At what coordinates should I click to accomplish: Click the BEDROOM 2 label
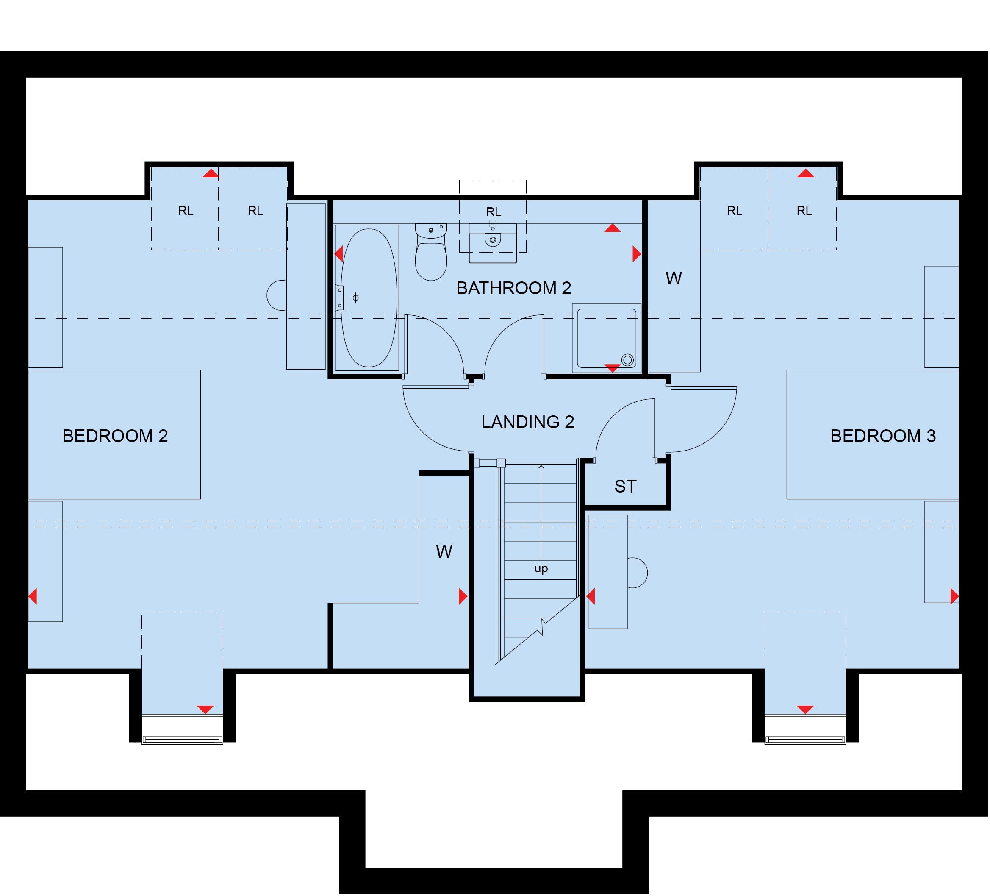click(x=115, y=436)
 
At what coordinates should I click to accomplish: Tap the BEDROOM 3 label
click(x=883, y=436)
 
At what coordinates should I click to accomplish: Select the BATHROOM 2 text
click(x=514, y=288)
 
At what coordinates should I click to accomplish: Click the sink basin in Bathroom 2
click(x=493, y=243)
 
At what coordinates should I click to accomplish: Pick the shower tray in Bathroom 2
click(x=607, y=338)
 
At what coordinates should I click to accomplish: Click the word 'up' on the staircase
click(x=541, y=568)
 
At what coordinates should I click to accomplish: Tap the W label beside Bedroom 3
click(x=674, y=278)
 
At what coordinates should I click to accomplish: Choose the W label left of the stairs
click(x=444, y=552)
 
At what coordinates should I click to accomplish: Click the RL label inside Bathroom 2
click(x=494, y=212)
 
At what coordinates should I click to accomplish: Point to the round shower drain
click(x=627, y=360)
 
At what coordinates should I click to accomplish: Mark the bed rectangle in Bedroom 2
click(x=114, y=435)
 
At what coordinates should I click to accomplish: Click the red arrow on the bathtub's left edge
click(x=338, y=254)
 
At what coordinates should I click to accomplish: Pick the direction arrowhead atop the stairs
click(x=541, y=467)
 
